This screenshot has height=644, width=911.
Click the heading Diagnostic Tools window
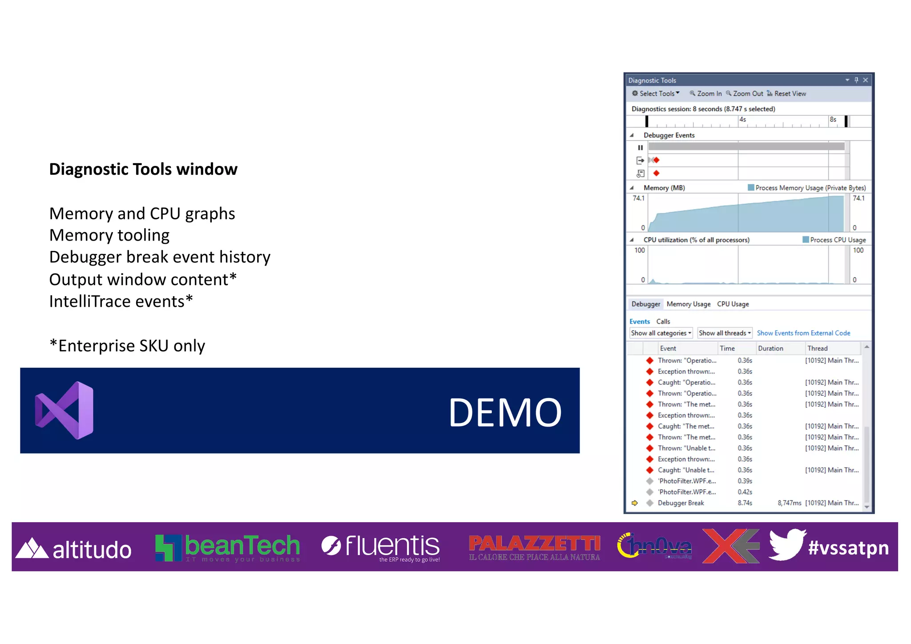coord(143,169)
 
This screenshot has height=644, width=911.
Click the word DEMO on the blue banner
coord(505,413)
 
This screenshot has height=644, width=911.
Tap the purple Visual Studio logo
coord(65,411)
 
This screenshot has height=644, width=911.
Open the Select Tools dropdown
coord(656,93)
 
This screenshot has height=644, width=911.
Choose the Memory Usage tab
coord(688,304)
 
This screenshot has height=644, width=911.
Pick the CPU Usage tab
coord(733,304)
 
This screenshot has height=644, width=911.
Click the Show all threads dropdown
coord(724,333)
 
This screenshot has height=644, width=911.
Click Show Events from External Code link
coord(803,333)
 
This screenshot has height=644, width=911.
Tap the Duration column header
coord(770,349)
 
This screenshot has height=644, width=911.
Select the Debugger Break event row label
coord(681,503)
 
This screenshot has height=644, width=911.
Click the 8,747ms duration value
coord(789,503)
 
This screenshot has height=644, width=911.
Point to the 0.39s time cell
coord(745,481)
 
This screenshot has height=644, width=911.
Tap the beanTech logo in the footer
coord(227,547)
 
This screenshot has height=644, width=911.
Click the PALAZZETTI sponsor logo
coord(534,547)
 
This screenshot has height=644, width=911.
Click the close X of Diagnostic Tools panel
coord(865,80)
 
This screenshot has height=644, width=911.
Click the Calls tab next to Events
coord(663,322)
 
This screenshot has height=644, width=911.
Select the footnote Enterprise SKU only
coord(127,346)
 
